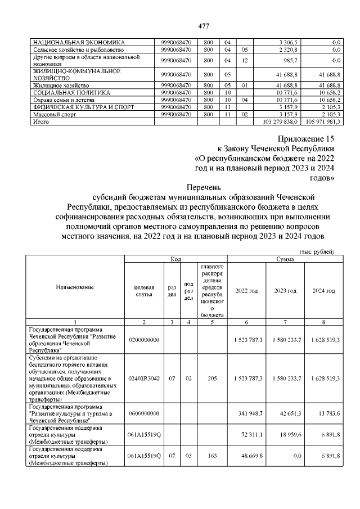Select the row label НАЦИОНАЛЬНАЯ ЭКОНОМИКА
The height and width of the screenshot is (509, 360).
coord(79,42)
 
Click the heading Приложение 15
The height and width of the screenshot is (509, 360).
coord(307,138)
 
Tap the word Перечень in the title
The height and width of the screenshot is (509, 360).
coord(204,187)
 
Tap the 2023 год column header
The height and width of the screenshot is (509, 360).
coord(285,291)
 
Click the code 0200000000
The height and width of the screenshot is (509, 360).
coord(144,340)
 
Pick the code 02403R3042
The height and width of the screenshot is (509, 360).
coord(144,379)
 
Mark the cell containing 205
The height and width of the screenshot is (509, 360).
coord(211,379)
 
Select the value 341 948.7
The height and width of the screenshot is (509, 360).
coord(247,414)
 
